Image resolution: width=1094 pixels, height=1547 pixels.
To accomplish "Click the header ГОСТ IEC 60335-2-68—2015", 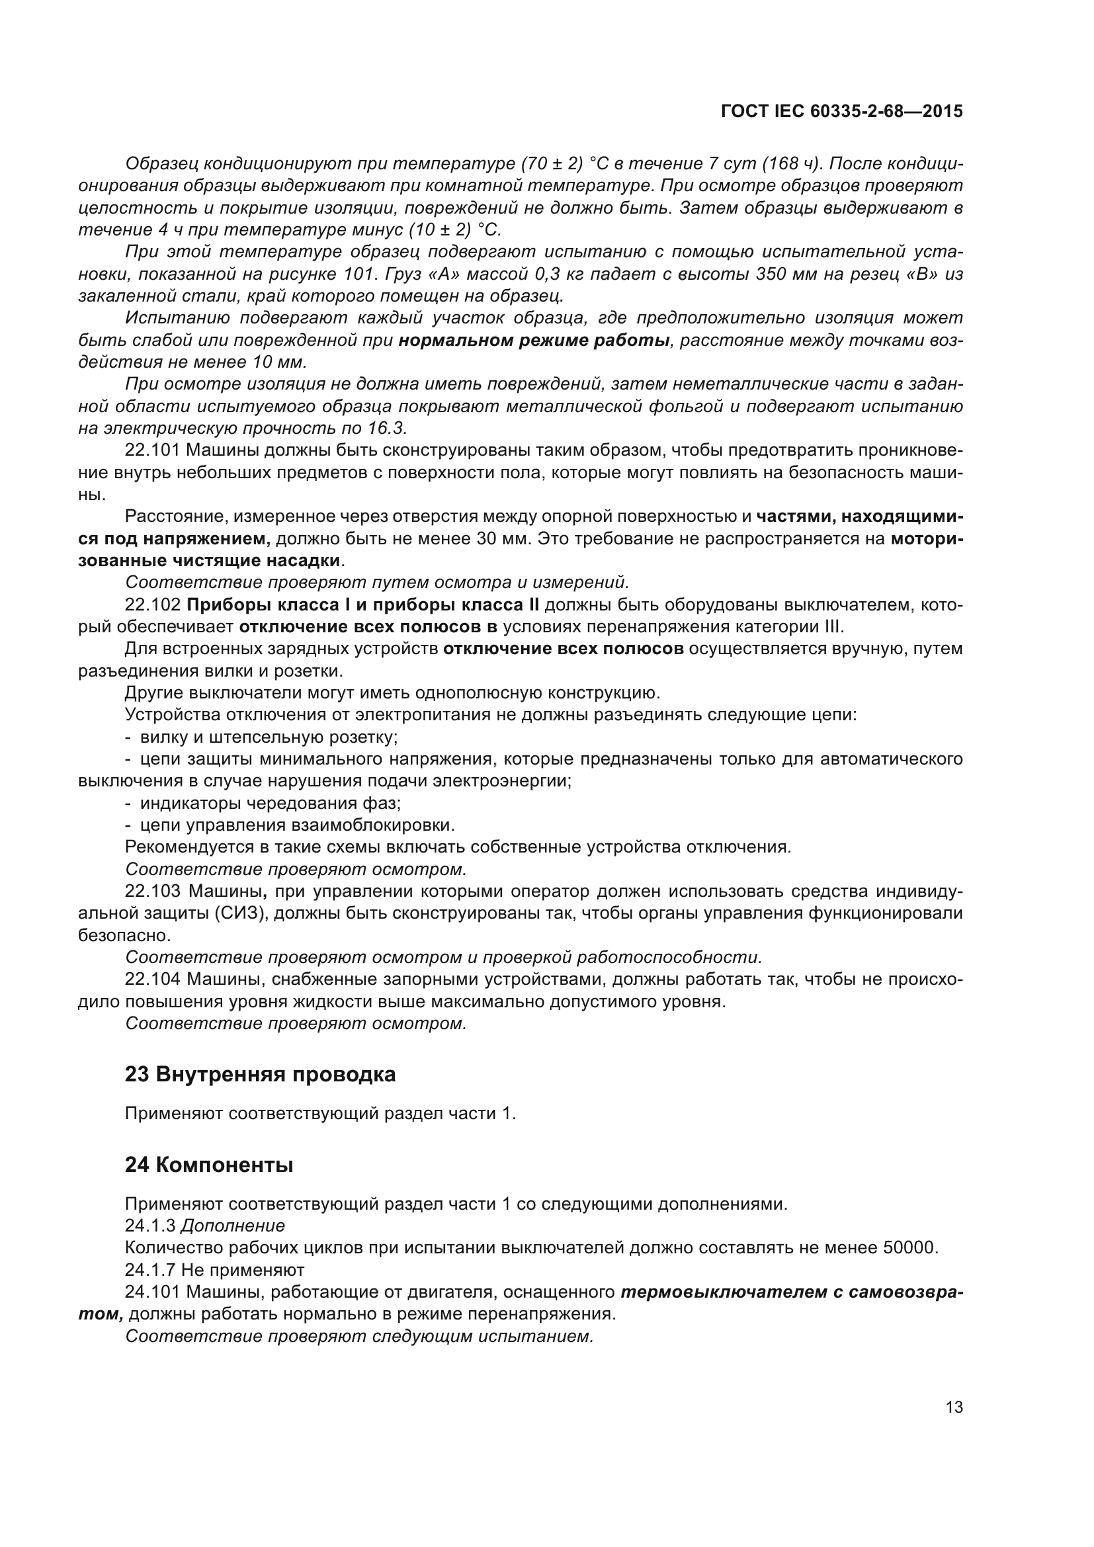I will (x=841, y=111).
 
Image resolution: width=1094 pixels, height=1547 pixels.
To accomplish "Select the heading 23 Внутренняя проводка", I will (x=260, y=1075).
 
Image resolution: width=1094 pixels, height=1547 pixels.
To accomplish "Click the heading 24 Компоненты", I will (x=209, y=1165).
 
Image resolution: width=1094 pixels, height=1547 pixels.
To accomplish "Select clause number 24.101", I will (x=152, y=1292).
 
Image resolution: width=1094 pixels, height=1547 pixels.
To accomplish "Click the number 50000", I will (x=909, y=1248).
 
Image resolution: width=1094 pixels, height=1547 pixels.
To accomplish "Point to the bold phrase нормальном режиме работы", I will (x=534, y=340).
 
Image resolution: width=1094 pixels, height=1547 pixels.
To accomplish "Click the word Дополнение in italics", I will (x=232, y=1226).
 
